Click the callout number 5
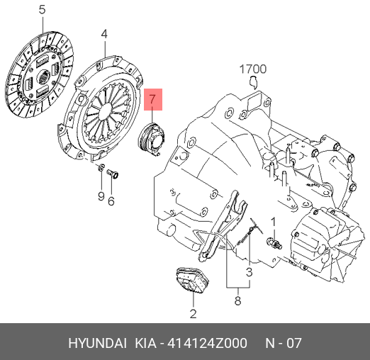point(41,10)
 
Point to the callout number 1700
point(252,69)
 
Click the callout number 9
point(101,196)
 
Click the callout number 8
point(237,300)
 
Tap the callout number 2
point(193,313)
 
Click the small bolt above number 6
point(113,174)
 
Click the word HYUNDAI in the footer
point(97,343)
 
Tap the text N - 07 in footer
point(283,343)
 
